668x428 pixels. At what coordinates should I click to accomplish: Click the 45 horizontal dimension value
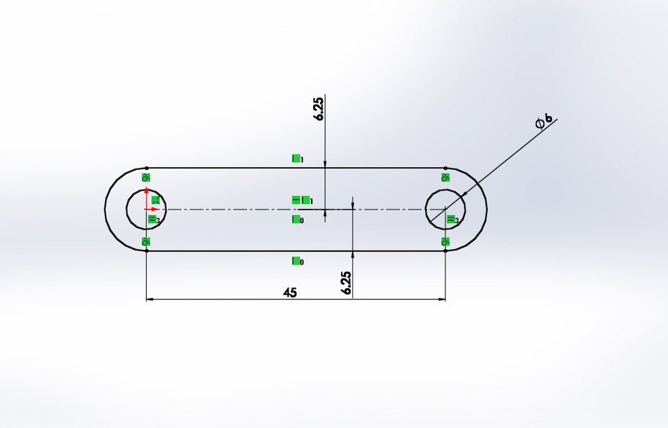[x=290, y=292]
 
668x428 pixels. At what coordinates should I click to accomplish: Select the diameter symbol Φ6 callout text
[x=544, y=121]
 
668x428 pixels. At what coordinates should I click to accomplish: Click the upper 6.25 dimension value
[x=319, y=109]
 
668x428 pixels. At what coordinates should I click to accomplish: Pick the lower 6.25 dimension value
[x=347, y=283]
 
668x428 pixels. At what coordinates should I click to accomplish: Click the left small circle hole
[x=127, y=209]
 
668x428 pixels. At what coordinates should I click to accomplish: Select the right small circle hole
[x=427, y=209]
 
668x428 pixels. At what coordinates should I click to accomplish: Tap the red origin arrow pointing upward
[x=146, y=196]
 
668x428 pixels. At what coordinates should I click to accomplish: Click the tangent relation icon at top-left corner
[x=146, y=177]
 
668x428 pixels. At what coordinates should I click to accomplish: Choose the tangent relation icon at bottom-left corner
[x=146, y=241]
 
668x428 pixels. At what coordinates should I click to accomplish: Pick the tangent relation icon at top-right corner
[x=446, y=177]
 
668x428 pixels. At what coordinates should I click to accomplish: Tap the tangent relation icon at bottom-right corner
[x=446, y=241]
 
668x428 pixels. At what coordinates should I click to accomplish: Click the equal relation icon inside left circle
[x=152, y=220]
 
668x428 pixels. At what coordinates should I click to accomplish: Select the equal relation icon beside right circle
[x=451, y=220]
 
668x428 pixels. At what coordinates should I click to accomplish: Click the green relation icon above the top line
[x=296, y=159]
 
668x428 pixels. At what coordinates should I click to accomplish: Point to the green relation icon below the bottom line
[x=296, y=261]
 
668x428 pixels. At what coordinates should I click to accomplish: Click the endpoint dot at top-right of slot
[x=446, y=168]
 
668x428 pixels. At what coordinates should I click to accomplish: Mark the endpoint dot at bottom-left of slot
[x=146, y=251]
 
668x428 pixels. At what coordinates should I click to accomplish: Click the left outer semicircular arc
[x=105, y=209]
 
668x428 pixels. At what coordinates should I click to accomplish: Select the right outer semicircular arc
[x=486, y=209]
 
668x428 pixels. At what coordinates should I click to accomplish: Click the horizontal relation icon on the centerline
[x=296, y=200]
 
